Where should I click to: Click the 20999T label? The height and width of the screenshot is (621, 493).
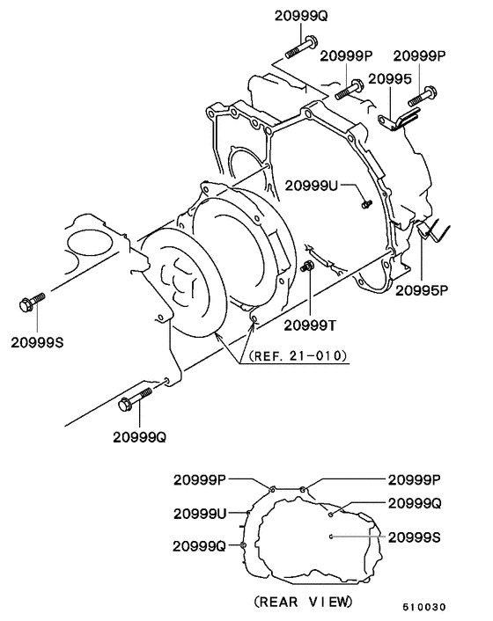(310, 325)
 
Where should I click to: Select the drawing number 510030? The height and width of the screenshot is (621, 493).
(424, 607)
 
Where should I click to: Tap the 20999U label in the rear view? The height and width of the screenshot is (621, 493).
(202, 513)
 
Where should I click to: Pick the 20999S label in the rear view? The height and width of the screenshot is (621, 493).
(415, 536)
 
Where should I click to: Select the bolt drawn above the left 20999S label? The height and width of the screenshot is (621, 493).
(31, 304)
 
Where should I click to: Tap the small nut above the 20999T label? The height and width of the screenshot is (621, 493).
(308, 267)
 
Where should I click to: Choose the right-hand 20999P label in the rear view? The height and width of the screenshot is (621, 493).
(415, 479)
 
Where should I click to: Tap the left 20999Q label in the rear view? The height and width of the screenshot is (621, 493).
(202, 545)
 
